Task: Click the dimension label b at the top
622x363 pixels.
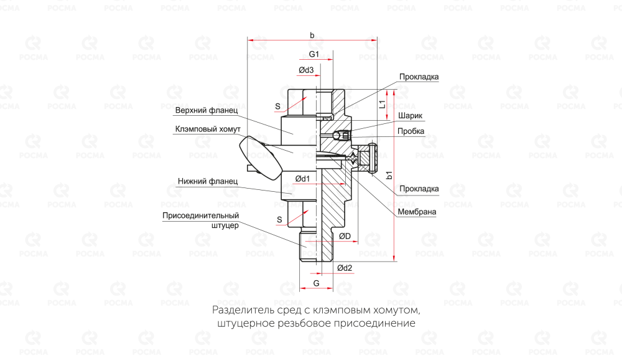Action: pyautogui.click(x=312, y=35)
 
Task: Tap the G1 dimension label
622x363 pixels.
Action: pyautogui.click(x=314, y=55)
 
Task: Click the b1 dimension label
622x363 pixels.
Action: pyautogui.click(x=389, y=176)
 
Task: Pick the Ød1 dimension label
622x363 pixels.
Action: pyautogui.click(x=303, y=179)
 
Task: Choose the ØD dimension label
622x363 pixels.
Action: pyautogui.click(x=345, y=236)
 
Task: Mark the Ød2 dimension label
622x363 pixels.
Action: pyautogui.click(x=345, y=268)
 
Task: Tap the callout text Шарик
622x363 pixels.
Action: pyautogui.click(x=411, y=116)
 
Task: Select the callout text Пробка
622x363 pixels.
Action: pyautogui.click(x=412, y=131)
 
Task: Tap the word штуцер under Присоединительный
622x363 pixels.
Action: pyautogui.click(x=225, y=225)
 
